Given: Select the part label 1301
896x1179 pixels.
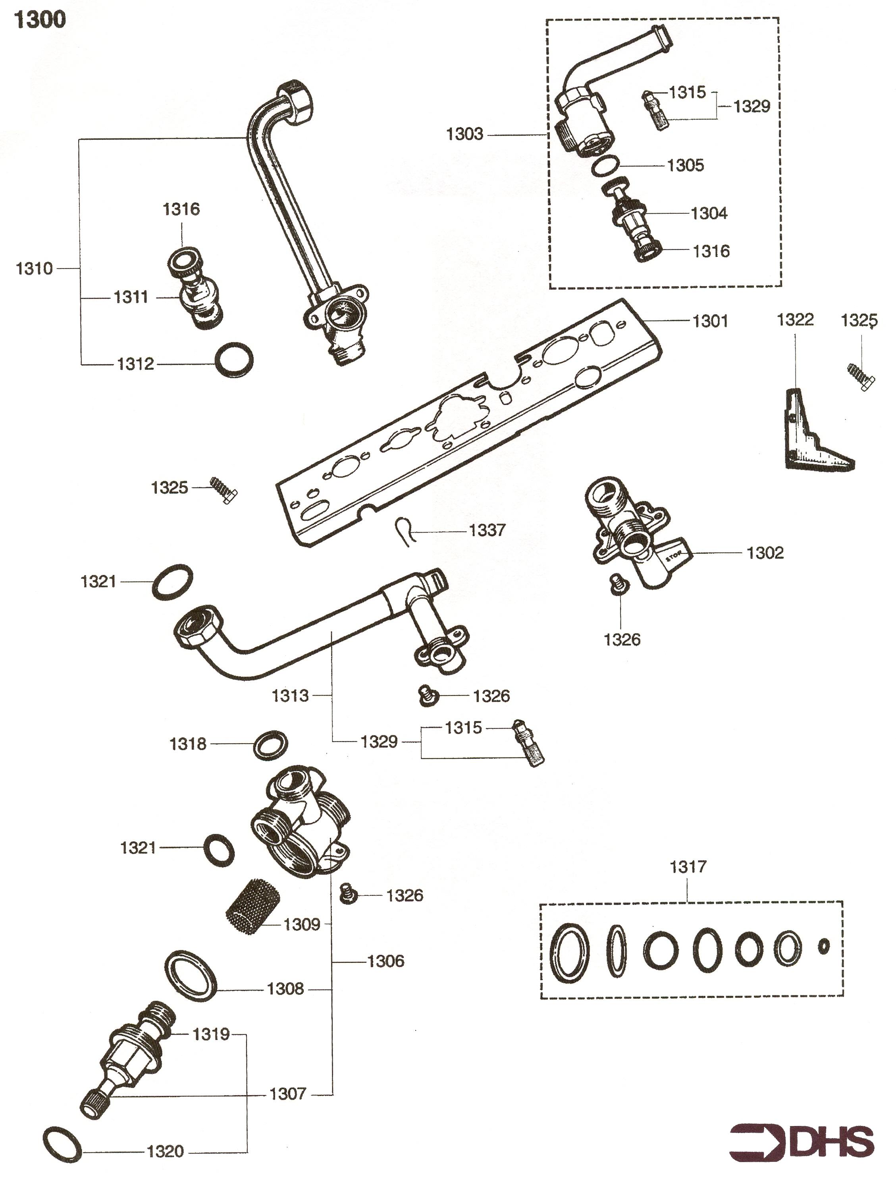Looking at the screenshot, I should pos(710,321).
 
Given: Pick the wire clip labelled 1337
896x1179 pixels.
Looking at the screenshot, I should pos(404,531).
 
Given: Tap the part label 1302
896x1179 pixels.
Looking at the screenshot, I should pos(765,553).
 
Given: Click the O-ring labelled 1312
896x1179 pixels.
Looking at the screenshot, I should pos(233,360).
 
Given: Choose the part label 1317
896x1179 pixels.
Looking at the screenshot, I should pos(688,866).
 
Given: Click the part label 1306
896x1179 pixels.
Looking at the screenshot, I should pos(385,961).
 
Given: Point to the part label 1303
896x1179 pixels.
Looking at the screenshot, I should pos(464,134).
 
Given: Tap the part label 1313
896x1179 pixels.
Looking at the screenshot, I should pos(290,696).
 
